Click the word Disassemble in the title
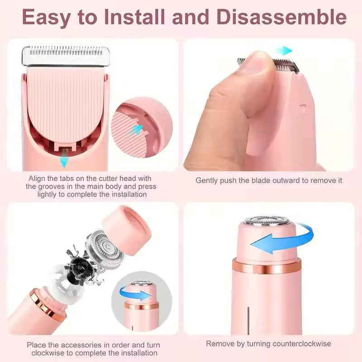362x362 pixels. pyautogui.click(x=282, y=18)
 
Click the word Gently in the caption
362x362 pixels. pyautogui.click(x=207, y=180)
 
